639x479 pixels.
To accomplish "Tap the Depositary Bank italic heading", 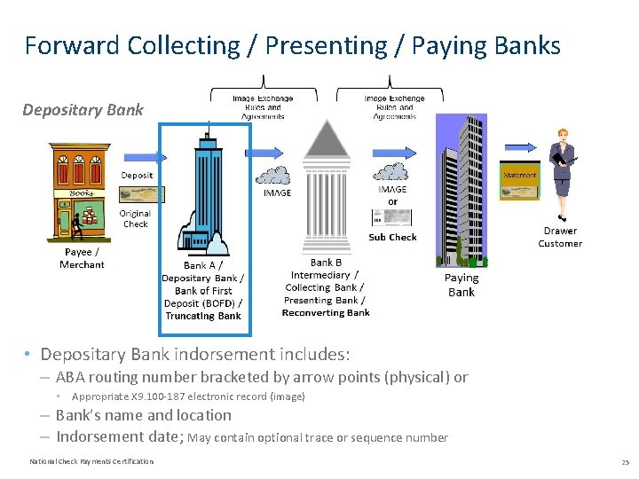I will (x=82, y=110).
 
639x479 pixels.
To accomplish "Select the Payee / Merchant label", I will (x=82, y=258).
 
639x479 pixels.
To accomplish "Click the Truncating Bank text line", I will (x=203, y=316).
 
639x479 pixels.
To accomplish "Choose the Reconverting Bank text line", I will (x=326, y=312).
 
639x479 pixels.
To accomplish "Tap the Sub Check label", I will (x=392, y=237).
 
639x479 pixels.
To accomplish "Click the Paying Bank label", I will (x=461, y=285).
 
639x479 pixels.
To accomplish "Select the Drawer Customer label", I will (x=560, y=237).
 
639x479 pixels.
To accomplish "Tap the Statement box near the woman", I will (x=519, y=176).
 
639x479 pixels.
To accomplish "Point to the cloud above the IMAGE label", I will (x=277, y=175).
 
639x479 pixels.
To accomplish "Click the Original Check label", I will (x=135, y=218).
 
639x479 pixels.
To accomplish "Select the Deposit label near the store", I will (x=137, y=175).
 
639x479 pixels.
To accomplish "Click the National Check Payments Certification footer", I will (x=91, y=461).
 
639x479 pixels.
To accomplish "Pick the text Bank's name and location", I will (x=144, y=415).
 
